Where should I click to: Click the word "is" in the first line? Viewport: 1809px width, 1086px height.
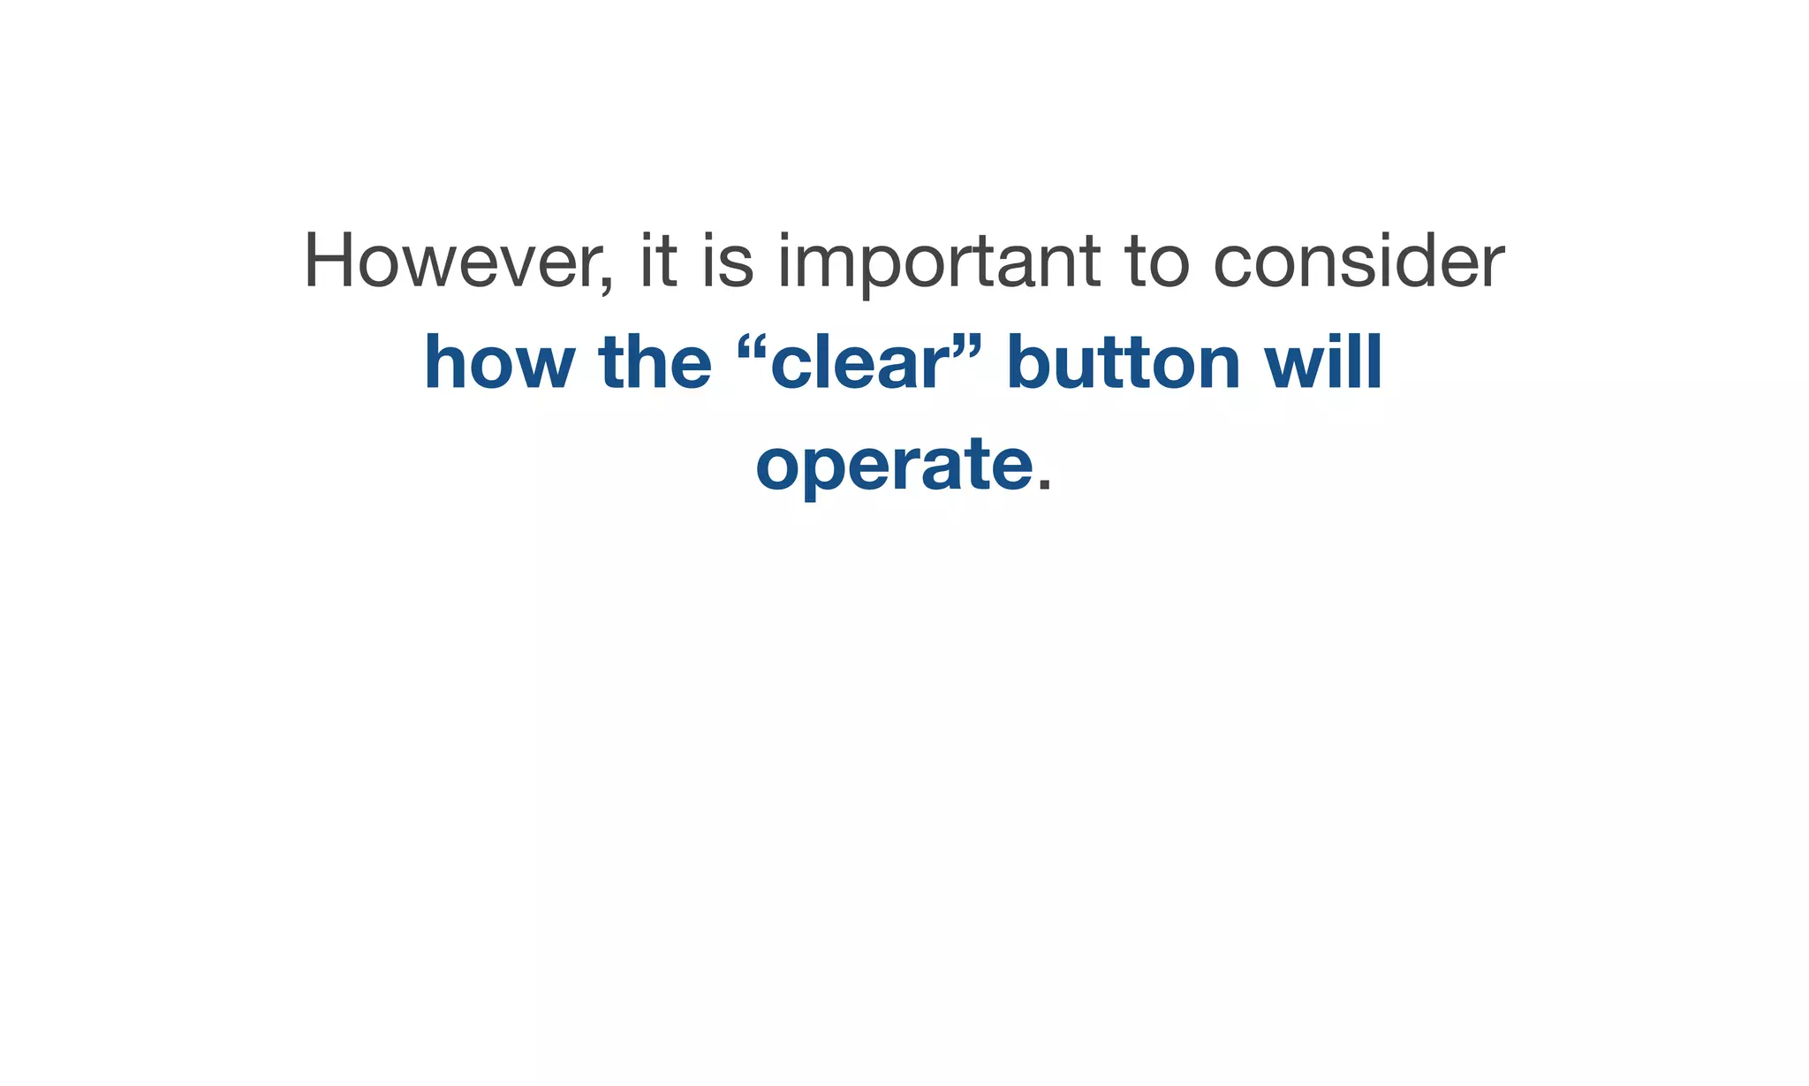click(x=728, y=261)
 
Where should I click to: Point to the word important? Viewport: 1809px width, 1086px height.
click(x=939, y=262)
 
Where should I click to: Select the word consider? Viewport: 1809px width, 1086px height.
click(x=1359, y=261)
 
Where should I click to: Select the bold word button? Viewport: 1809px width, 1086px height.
click(x=1124, y=363)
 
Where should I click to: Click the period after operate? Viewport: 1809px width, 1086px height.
click(x=1044, y=485)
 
